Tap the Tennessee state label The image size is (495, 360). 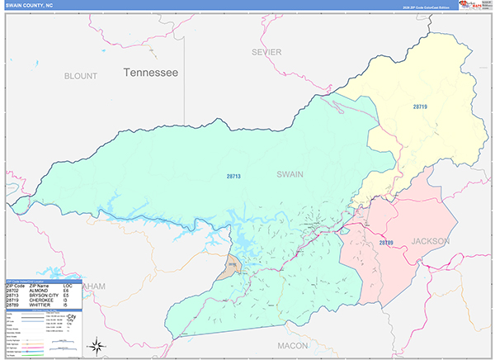(151, 73)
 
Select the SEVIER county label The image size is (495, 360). (267, 52)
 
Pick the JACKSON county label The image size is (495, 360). (431, 241)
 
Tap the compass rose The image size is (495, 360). (97, 344)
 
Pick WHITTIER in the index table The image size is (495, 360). (39, 306)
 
